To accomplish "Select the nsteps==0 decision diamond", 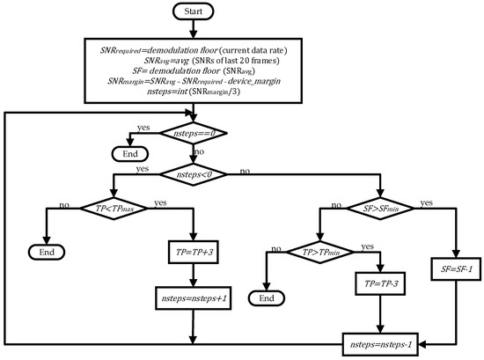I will [x=192, y=132].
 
